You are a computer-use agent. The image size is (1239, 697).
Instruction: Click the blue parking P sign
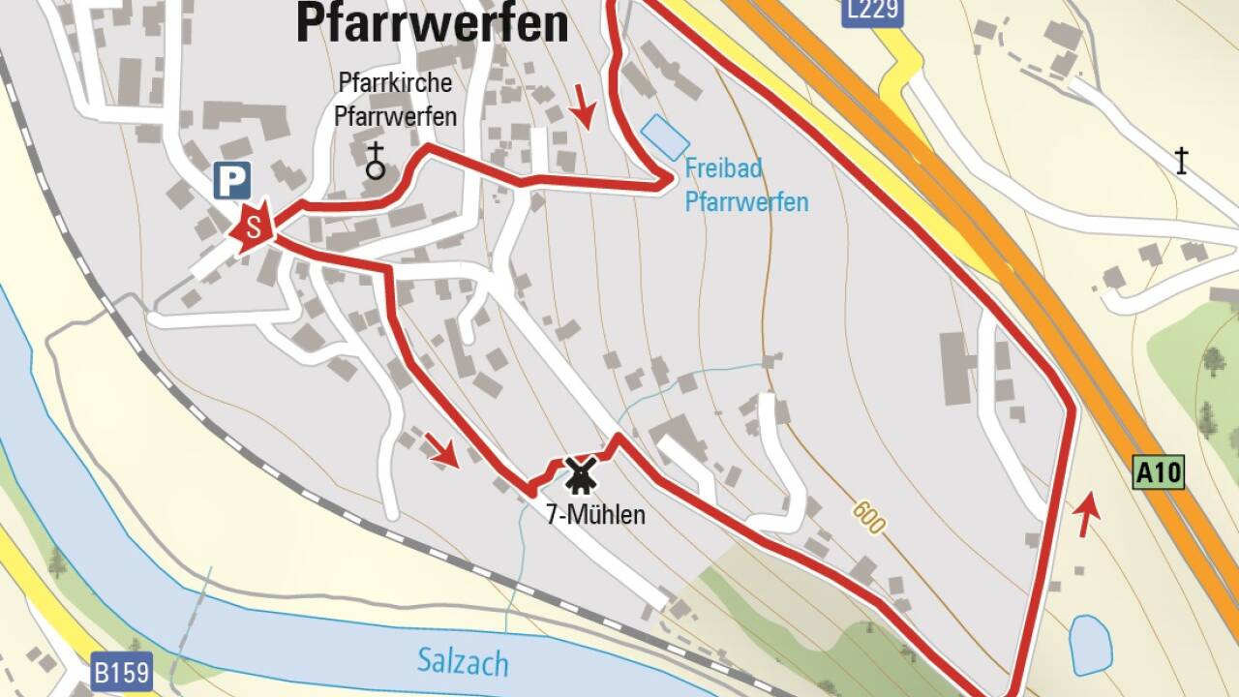(x=232, y=181)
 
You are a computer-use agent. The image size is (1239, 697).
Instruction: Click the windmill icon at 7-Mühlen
(x=580, y=475)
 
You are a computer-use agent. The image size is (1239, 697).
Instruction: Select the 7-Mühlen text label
(x=595, y=515)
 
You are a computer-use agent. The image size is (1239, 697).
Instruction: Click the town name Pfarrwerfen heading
(x=432, y=23)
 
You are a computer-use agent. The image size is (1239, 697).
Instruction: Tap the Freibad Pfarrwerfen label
(x=745, y=185)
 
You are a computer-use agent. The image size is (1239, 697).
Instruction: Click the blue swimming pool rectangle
(x=666, y=137)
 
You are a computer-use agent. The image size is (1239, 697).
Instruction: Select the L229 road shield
(x=872, y=11)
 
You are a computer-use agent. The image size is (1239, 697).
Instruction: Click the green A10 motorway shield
(x=1158, y=473)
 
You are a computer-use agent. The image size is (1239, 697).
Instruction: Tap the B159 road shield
(x=122, y=673)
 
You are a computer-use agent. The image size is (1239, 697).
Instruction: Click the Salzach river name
(x=463, y=663)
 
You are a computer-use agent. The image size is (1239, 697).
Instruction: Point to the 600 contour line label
(x=869, y=518)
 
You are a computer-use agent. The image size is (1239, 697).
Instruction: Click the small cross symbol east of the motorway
(x=1181, y=160)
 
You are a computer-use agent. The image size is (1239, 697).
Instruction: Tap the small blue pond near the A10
(x=1091, y=645)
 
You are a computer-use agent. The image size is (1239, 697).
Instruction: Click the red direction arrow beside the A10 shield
(x=1088, y=513)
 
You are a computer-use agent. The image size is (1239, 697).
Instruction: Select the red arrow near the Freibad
(x=583, y=106)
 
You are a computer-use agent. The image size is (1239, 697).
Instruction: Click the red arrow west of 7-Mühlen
(x=441, y=449)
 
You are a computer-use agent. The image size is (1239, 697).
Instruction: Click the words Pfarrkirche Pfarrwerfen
(x=395, y=100)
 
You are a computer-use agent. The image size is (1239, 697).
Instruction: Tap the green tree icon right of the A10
(x=1213, y=362)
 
